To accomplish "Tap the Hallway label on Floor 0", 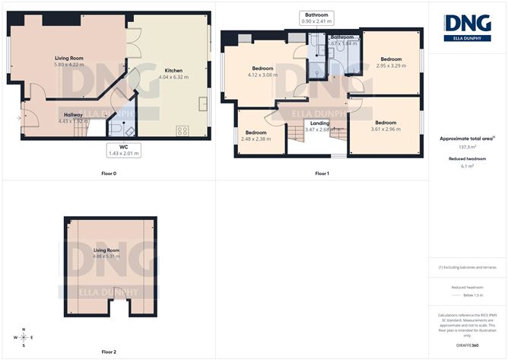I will tap(74, 114).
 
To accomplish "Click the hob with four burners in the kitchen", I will tap(183, 130).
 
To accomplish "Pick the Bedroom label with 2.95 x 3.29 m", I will tap(391, 59).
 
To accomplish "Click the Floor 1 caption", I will tap(322, 174).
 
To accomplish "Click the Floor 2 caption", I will tap(109, 352).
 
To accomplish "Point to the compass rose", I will tap(24, 336).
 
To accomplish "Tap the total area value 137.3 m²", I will tap(468, 147).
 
